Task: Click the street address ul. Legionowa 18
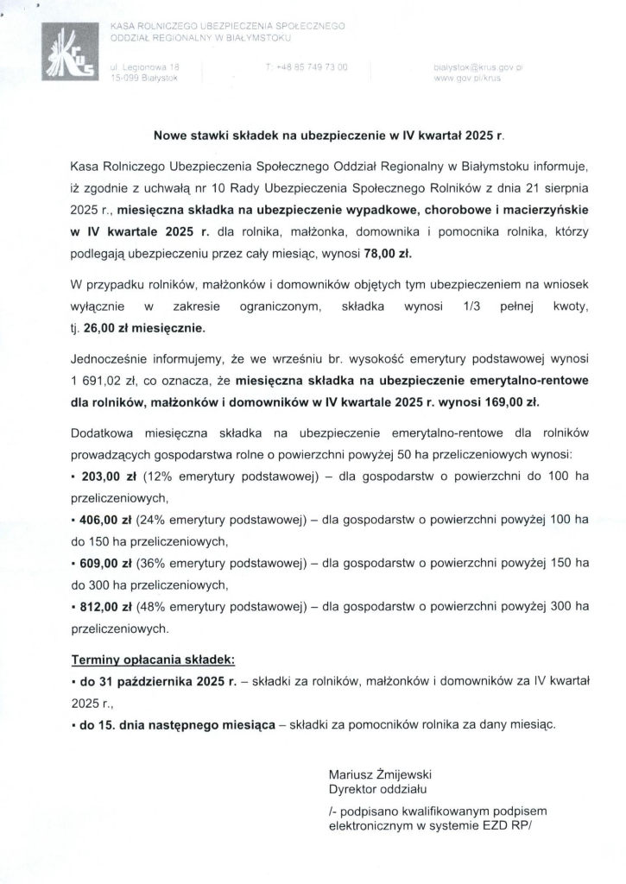(x=144, y=66)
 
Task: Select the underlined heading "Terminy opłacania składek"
(x=152, y=660)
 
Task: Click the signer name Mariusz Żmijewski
(x=380, y=774)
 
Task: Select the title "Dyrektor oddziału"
(x=377, y=789)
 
